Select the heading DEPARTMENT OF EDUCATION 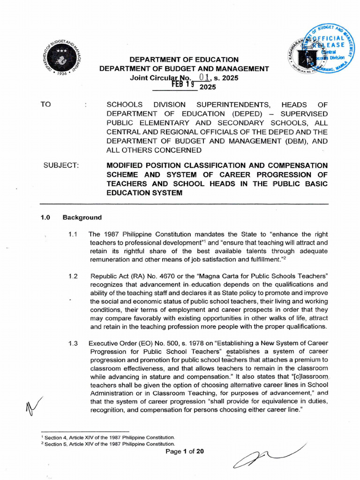(x=184, y=60)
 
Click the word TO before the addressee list (x=45, y=104)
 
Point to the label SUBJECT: (x=61, y=165)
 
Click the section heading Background (x=82, y=217)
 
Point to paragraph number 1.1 (x=73, y=234)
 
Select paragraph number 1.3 (x=73, y=343)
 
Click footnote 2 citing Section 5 (x=108, y=444)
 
